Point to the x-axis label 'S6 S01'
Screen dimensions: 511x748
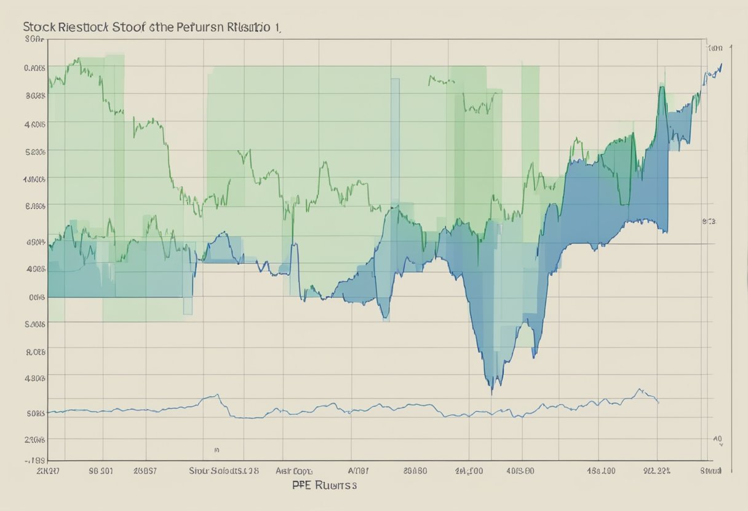[x=101, y=471]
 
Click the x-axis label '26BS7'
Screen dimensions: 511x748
[x=146, y=471]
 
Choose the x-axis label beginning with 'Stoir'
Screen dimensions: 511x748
[x=223, y=471]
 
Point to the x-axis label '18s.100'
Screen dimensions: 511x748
[x=601, y=471]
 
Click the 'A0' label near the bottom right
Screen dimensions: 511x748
[x=717, y=439]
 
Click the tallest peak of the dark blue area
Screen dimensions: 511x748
[x=662, y=88]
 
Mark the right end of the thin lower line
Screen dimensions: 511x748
[x=659, y=403]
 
